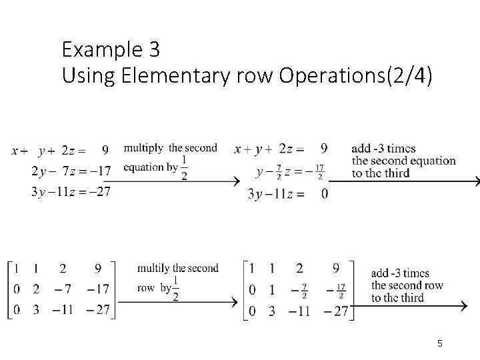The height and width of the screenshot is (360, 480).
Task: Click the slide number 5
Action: (x=440, y=343)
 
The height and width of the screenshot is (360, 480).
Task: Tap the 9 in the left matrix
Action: (x=98, y=269)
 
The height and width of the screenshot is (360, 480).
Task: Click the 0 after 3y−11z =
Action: (x=324, y=194)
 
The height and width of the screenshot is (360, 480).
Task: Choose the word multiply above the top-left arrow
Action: (x=145, y=147)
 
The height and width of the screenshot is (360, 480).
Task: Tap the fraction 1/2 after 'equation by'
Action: (x=184, y=167)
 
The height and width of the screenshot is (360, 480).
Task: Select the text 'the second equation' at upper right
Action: (x=403, y=161)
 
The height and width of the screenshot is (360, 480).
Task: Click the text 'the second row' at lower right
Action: (x=407, y=285)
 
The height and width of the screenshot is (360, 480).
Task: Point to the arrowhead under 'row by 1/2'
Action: (x=233, y=302)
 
